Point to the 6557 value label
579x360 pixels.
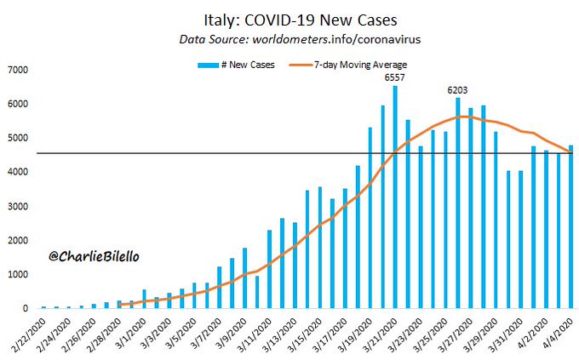point(394,77)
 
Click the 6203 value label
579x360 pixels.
point(457,89)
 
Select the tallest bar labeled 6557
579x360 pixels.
point(394,196)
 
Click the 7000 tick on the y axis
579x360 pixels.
point(19,70)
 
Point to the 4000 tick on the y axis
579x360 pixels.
point(19,172)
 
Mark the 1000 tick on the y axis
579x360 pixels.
point(19,274)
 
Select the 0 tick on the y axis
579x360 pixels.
point(26,308)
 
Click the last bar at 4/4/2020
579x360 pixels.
point(570,226)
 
